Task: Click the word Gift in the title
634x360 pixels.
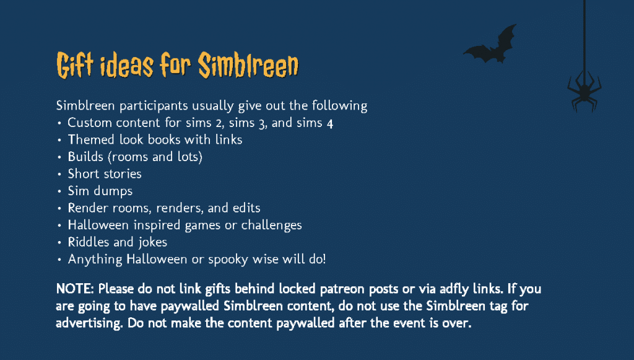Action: (x=75, y=65)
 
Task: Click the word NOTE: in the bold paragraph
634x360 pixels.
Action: (x=75, y=289)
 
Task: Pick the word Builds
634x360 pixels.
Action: (x=85, y=157)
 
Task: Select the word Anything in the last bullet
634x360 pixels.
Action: (x=95, y=260)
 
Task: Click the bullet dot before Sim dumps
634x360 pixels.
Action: (x=59, y=191)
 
